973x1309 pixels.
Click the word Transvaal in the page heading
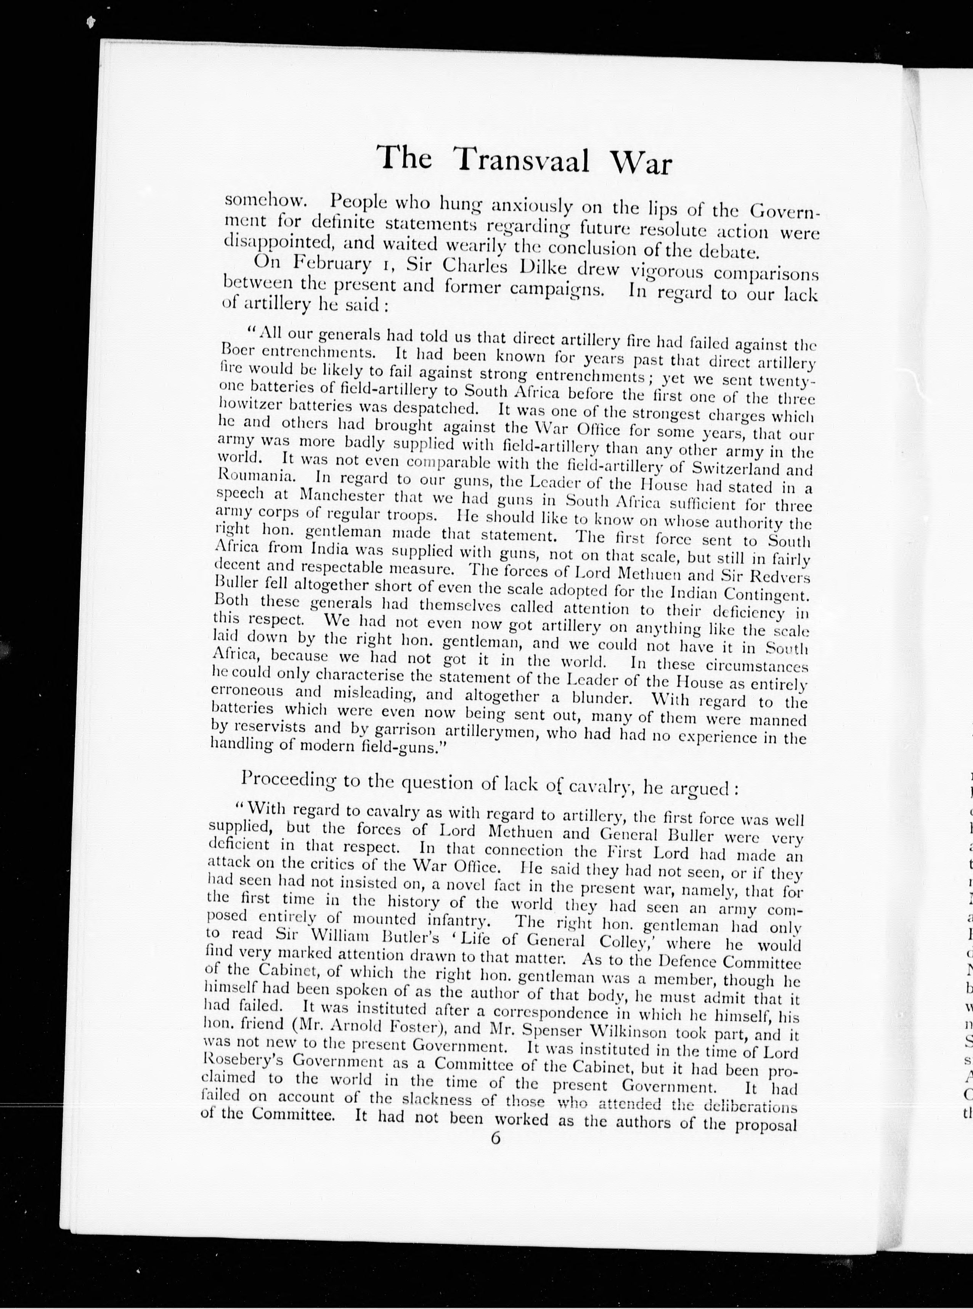pyautogui.click(x=522, y=160)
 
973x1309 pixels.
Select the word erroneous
pyautogui.click(x=247, y=690)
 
